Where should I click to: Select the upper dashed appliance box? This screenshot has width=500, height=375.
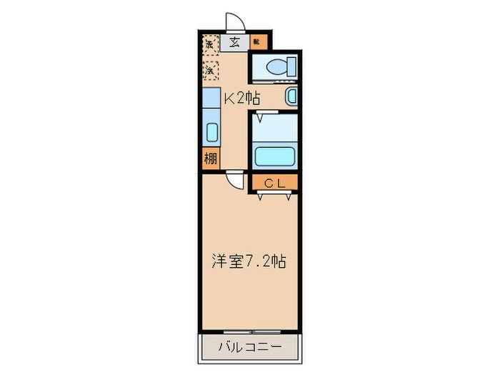click(210, 44)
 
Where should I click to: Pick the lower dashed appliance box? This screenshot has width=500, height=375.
click(210, 70)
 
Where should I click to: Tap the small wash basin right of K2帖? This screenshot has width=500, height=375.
click(291, 96)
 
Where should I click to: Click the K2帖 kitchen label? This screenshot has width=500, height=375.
click(242, 99)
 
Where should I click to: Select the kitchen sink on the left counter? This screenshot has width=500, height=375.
click(211, 132)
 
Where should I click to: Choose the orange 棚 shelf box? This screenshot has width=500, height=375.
click(210, 159)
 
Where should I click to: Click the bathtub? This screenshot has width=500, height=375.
click(274, 156)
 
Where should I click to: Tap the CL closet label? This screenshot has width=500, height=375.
click(274, 184)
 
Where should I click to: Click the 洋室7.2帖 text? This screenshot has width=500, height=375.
click(248, 261)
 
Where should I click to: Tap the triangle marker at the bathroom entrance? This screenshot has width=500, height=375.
click(263, 114)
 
